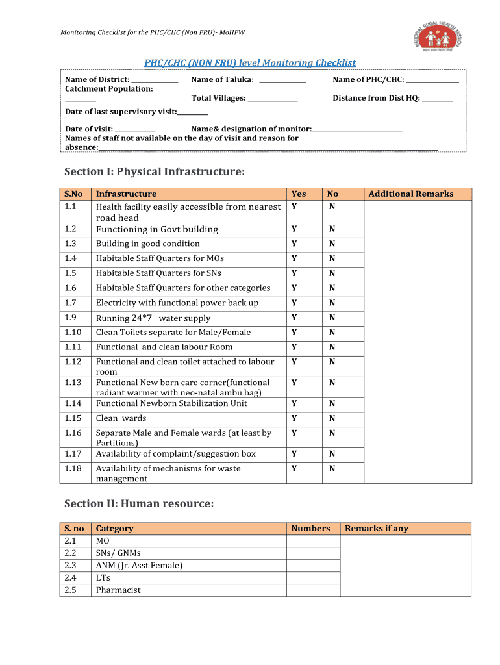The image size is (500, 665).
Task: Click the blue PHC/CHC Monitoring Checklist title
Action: [249, 62]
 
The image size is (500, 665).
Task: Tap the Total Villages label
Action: [218, 98]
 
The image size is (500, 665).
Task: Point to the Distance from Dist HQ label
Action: [376, 98]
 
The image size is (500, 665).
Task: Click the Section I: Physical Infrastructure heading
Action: [155, 172]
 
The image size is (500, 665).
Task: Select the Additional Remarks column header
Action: [410, 194]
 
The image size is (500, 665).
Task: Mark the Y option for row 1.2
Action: [294, 229]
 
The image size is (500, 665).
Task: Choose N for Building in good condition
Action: [332, 244]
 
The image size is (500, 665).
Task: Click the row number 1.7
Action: [71, 303]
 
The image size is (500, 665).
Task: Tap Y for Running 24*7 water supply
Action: [294, 318]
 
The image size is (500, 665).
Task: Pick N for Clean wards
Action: [332, 418]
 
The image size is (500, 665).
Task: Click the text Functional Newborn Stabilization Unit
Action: [171, 403]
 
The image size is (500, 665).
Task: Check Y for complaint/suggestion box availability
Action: [294, 454]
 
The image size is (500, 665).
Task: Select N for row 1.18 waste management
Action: [332, 469]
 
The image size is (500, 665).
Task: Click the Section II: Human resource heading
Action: [139, 504]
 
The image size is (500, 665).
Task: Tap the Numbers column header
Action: [310, 529]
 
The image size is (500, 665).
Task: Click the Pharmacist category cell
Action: [118, 590]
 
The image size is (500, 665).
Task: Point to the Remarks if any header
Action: [377, 529]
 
